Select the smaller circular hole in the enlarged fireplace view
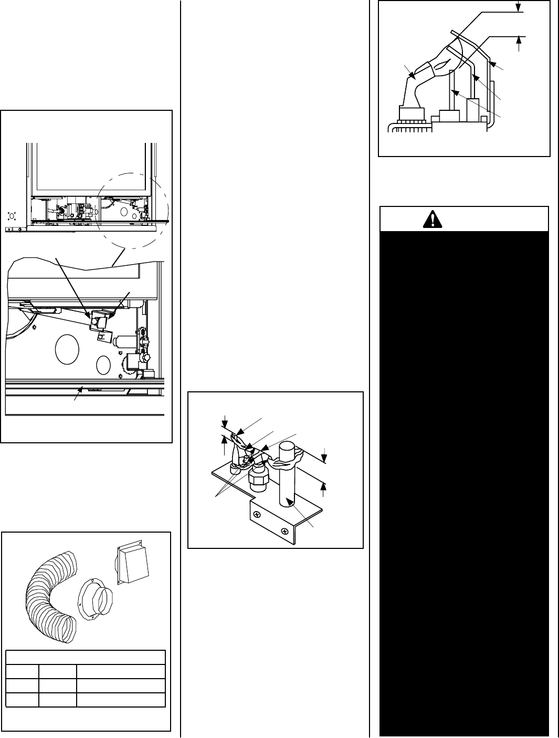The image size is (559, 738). (x=104, y=364)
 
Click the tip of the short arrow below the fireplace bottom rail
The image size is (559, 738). (x=80, y=388)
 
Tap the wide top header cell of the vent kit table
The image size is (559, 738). (x=86, y=658)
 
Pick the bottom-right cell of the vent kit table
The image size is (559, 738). (x=121, y=700)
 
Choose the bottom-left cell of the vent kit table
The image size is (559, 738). (x=22, y=700)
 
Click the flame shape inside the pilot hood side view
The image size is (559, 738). (x=440, y=66)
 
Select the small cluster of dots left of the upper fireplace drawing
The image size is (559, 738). (x=13, y=215)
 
